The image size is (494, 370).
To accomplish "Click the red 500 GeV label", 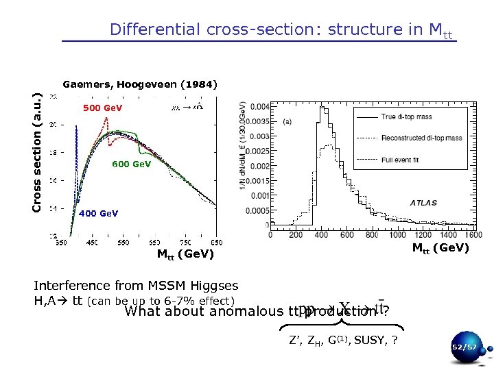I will coord(102,108).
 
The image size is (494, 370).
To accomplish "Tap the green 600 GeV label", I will coord(132,164).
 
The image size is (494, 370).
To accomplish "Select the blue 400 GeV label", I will coord(99,213).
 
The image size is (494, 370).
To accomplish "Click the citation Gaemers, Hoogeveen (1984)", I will coord(140,85).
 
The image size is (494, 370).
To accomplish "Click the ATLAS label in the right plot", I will coord(424,203).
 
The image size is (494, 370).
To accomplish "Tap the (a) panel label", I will coord(287,121).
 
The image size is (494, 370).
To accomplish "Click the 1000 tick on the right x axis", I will coord(398,234).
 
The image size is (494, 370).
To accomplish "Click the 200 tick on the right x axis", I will coord(296,234).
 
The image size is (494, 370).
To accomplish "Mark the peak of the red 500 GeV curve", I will coord(106,119).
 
